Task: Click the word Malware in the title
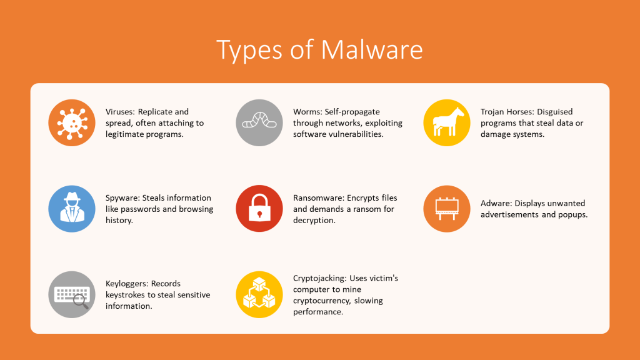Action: [x=371, y=50]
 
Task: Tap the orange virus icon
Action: [x=72, y=122]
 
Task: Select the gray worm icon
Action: [x=259, y=122]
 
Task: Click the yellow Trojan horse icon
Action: [x=446, y=122]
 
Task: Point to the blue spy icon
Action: [x=72, y=209]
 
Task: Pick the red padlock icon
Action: [x=259, y=209]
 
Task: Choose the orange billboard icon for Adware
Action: [x=446, y=209]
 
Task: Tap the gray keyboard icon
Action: [x=72, y=294]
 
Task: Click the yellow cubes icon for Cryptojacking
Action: [x=259, y=294]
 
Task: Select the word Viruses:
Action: [x=120, y=112]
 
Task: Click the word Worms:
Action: [x=307, y=112]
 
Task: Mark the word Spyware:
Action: [x=122, y=198]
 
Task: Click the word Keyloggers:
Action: [x=126, y=284]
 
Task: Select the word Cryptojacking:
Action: [x=320, y=278]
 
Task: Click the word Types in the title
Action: [x=249, y=51]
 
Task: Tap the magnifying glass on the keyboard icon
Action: [x=81, y=302]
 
